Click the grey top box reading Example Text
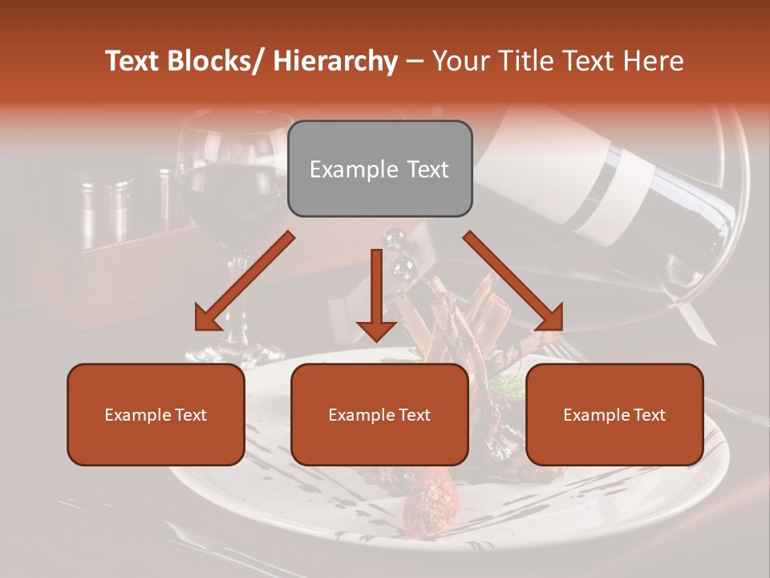tap(379, 169)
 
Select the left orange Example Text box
tap(156, 414)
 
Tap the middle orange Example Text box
tap(379, 414)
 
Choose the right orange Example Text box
tap(614, 414)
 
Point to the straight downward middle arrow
tap(376, 294)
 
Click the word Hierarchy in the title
tap(335, 61)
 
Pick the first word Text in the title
tap(133, 61)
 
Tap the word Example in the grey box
tap(342, 169)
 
